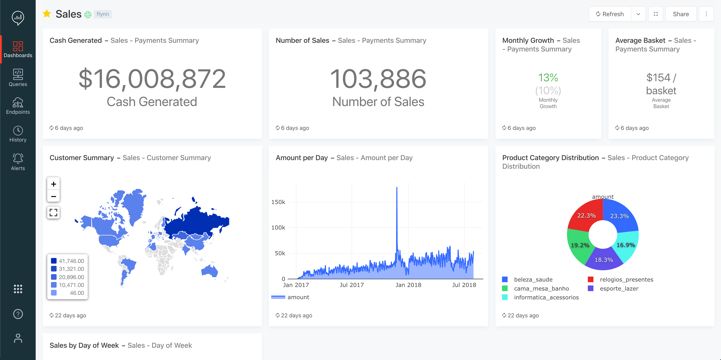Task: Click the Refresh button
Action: coord(608,14)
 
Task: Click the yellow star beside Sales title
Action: coord(46,14)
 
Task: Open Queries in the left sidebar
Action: coord(18,77)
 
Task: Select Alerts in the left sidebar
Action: coord(18,161)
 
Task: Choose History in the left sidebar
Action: coord(18,133)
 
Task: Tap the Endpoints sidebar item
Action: coord(18,105)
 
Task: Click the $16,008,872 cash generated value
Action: coord(152,80)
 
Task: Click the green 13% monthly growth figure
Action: coord(548,77)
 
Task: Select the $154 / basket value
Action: coord(660,84)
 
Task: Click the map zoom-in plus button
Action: coord(53,184)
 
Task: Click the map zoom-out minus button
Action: coord(53,197)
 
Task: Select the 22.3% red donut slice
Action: coord(586,215)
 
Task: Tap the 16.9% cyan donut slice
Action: coord(625,244)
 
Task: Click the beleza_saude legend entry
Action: coord(531,279)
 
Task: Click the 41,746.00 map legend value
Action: coord(69,260)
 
